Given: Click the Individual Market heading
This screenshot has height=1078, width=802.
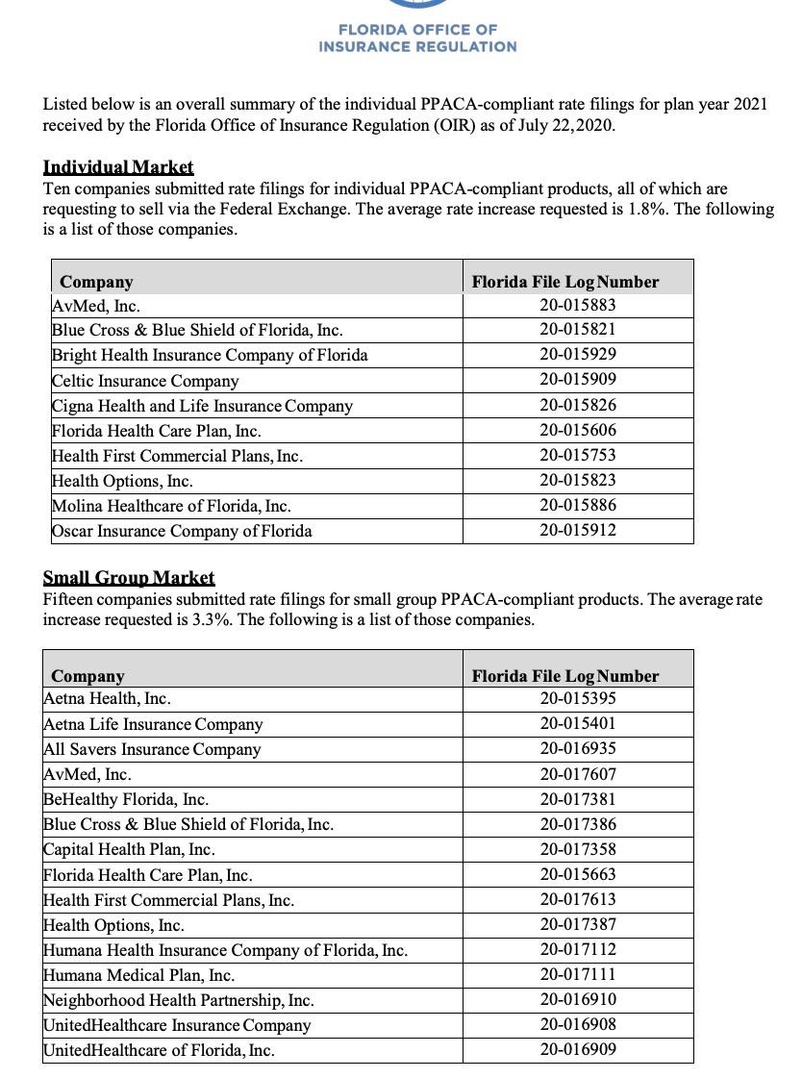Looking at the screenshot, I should (x=118, y=167).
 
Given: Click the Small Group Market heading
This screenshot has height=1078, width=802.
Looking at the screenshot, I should (x=129, y=578).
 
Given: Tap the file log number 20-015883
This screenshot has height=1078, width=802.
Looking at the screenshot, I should (x=578, y=305).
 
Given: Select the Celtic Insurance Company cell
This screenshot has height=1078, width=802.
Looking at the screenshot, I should (x=145, y=381).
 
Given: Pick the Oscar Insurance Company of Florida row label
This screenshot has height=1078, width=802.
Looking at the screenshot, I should (x=182, y=531).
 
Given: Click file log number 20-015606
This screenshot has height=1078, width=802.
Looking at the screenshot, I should (x=578, y=430).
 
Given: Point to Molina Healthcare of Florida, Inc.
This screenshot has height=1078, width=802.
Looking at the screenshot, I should (x=171, y=506).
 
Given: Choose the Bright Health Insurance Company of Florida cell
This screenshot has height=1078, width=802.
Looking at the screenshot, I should (x=210, y=355).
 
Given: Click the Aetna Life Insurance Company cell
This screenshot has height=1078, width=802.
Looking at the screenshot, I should (x=153, y=724).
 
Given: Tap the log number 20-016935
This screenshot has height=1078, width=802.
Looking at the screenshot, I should (x=578, y=748).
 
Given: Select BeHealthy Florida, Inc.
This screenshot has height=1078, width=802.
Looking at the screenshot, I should (x=126, y=799).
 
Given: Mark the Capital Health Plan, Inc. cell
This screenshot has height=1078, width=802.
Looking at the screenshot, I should (x=129, y=849).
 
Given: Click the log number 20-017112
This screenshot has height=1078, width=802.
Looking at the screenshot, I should (x=578, y=949).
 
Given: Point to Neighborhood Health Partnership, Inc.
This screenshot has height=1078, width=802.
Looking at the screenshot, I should (x=179, y=1000).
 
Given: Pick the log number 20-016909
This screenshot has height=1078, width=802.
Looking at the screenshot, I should (x=578, y=1049).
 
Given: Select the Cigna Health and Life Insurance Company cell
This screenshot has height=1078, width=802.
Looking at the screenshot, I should (x=202, y=406).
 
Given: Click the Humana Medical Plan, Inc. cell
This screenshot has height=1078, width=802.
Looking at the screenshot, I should (x=138, y=975).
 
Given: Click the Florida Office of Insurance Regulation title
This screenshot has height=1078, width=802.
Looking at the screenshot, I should (x=417, y=38).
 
